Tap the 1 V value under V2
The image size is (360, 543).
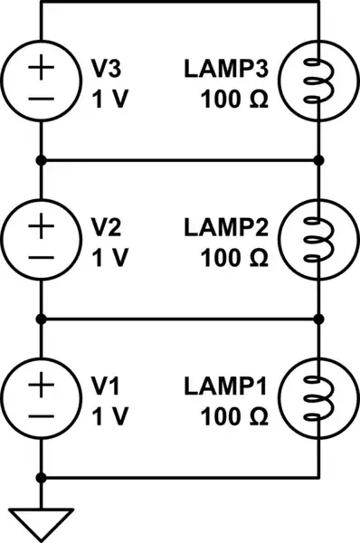click(110, 256)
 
